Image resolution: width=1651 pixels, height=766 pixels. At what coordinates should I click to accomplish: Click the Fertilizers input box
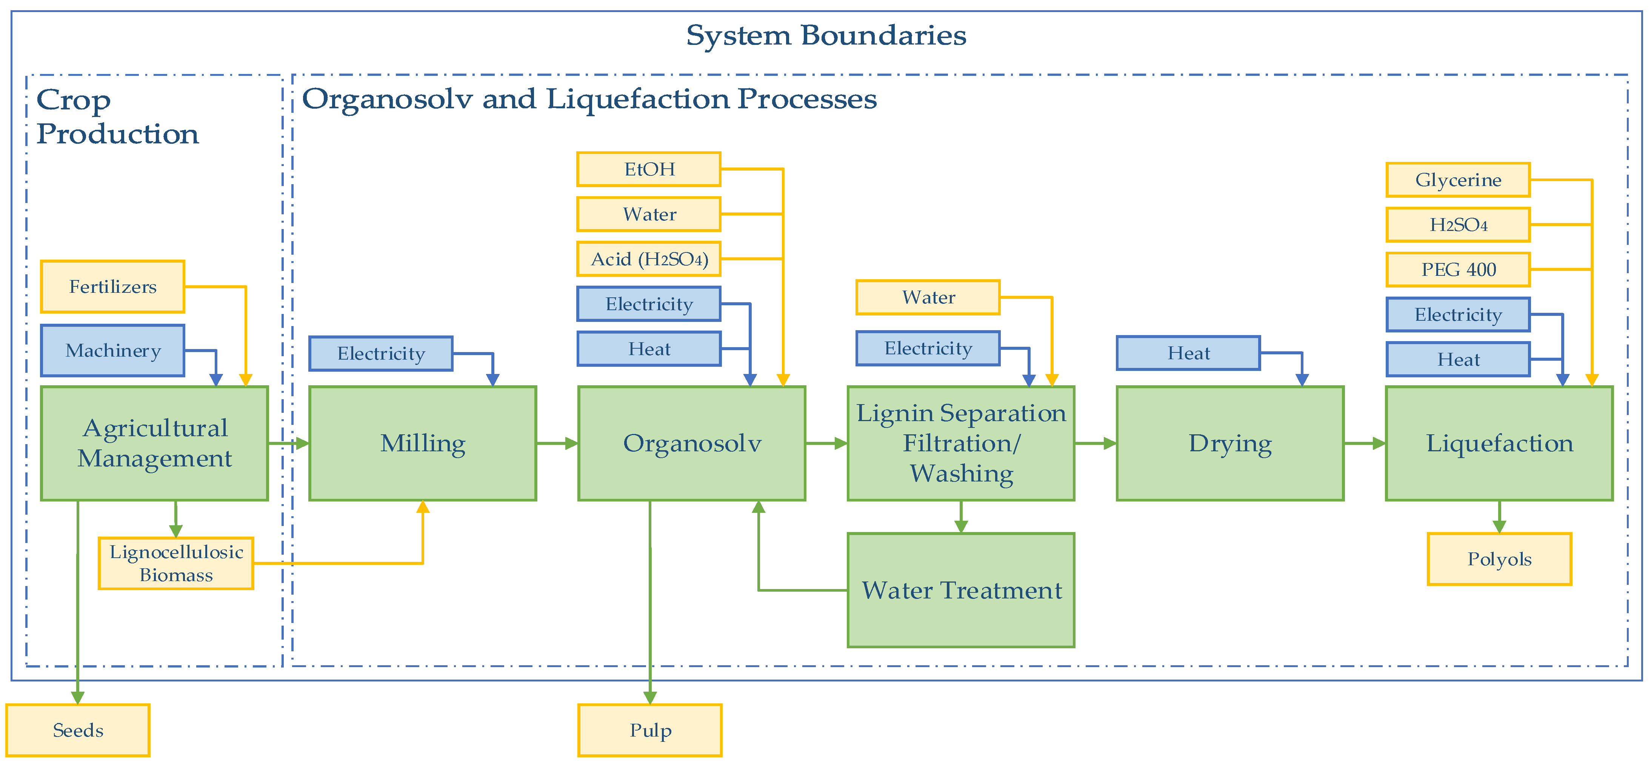(113, 286)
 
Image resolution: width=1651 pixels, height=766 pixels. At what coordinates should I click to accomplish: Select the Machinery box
(113, 350)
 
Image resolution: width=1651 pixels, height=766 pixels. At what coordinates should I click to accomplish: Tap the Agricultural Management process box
(154, 443)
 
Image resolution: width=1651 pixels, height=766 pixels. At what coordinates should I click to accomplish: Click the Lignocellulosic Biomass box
(176, 563)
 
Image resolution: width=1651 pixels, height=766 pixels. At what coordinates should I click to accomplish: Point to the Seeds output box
(78, 730)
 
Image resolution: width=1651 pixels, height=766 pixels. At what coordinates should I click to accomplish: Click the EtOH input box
(649, 169)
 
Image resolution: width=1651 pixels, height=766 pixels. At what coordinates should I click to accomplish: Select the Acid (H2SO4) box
(649, 259)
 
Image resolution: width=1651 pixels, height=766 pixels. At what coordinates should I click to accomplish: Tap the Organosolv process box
(692, 443)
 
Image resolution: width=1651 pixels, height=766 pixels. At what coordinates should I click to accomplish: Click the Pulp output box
(650, 730)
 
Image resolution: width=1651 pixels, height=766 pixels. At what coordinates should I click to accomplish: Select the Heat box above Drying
(1189, 353)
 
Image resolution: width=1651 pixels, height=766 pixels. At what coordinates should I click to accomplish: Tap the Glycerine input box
(1458, 180)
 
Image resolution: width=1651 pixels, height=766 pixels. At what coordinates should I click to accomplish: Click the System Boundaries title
(826, 35)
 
